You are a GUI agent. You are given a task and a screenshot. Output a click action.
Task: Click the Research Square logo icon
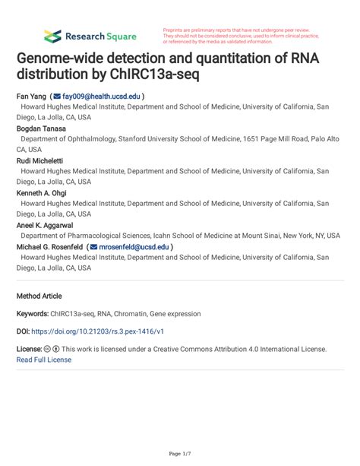pos(52,36)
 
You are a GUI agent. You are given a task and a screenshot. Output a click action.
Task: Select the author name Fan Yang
pos(31,97)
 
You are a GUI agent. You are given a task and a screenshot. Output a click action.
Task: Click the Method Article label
pos(39,296)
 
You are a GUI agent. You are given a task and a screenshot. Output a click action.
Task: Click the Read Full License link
pos(43,360)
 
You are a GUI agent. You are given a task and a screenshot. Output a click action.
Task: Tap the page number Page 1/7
pos(179,454)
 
